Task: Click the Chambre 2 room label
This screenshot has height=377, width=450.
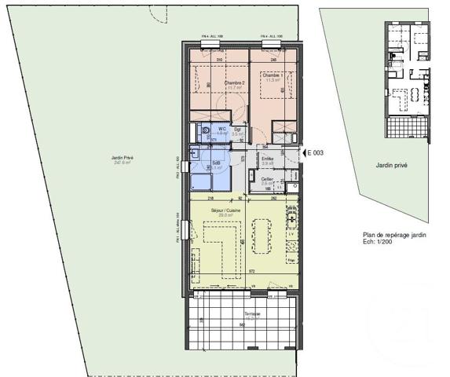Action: point(233,83)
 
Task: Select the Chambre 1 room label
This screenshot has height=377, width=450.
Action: point(273,75)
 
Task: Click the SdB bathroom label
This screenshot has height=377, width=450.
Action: point(215,162)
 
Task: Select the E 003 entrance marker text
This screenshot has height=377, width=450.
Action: point(315,152)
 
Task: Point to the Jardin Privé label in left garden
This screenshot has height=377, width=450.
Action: point(123,159)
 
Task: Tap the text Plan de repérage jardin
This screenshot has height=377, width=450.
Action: point(394,235)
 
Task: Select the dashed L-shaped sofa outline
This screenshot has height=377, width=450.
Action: point(222,247)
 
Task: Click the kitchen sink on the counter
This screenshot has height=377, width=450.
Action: point(292,214)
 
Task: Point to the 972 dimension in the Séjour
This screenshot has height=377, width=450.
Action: point(252,269)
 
